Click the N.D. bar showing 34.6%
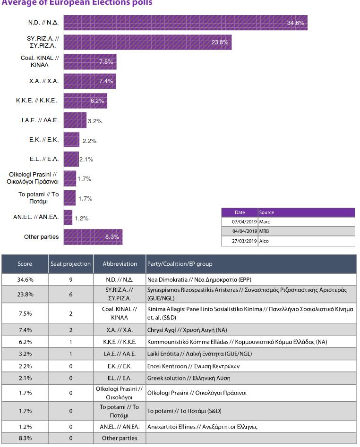[185, 23]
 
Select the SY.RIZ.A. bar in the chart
[147, 42]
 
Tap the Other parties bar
[93, 237]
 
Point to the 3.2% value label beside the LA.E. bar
[94, 121]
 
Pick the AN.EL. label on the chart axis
[36, 218]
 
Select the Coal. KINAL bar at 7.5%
[90, 61]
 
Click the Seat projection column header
[70, 264]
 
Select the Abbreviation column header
[120, 264]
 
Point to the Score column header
[25, 264]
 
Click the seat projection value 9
[70, 279]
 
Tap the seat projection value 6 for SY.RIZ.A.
[70, 294]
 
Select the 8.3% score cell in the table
[25, 438]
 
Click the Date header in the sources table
[240, 212]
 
